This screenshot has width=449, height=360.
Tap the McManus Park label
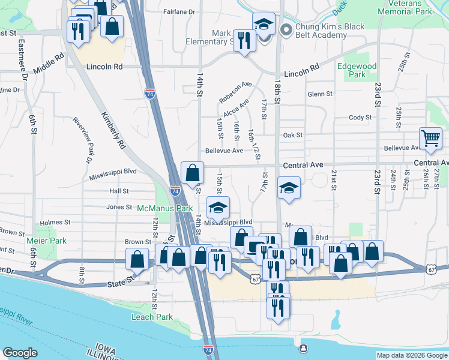[x=164, y=208]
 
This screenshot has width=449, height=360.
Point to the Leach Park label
[x=152, y=317]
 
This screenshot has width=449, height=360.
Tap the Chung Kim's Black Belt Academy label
[x=322, y=30]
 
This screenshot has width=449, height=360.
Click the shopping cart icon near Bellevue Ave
[x=431, y=139]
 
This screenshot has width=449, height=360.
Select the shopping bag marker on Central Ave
[x=191, y=173]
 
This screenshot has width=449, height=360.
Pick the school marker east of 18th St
[x=289, y=188]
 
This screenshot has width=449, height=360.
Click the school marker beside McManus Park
[x=218, y=208]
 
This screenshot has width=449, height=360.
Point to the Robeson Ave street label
[x=235, y=91]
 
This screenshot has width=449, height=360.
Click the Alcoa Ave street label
[x=236, y=108]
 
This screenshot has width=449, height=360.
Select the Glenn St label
[x=319, y=94]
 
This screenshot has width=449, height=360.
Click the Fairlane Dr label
[x=179, y=11]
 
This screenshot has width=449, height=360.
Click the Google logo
[x=20, y=353]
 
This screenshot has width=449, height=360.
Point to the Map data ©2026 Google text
[x=411, y=355]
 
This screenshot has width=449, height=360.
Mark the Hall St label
[x=119, y=191]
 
